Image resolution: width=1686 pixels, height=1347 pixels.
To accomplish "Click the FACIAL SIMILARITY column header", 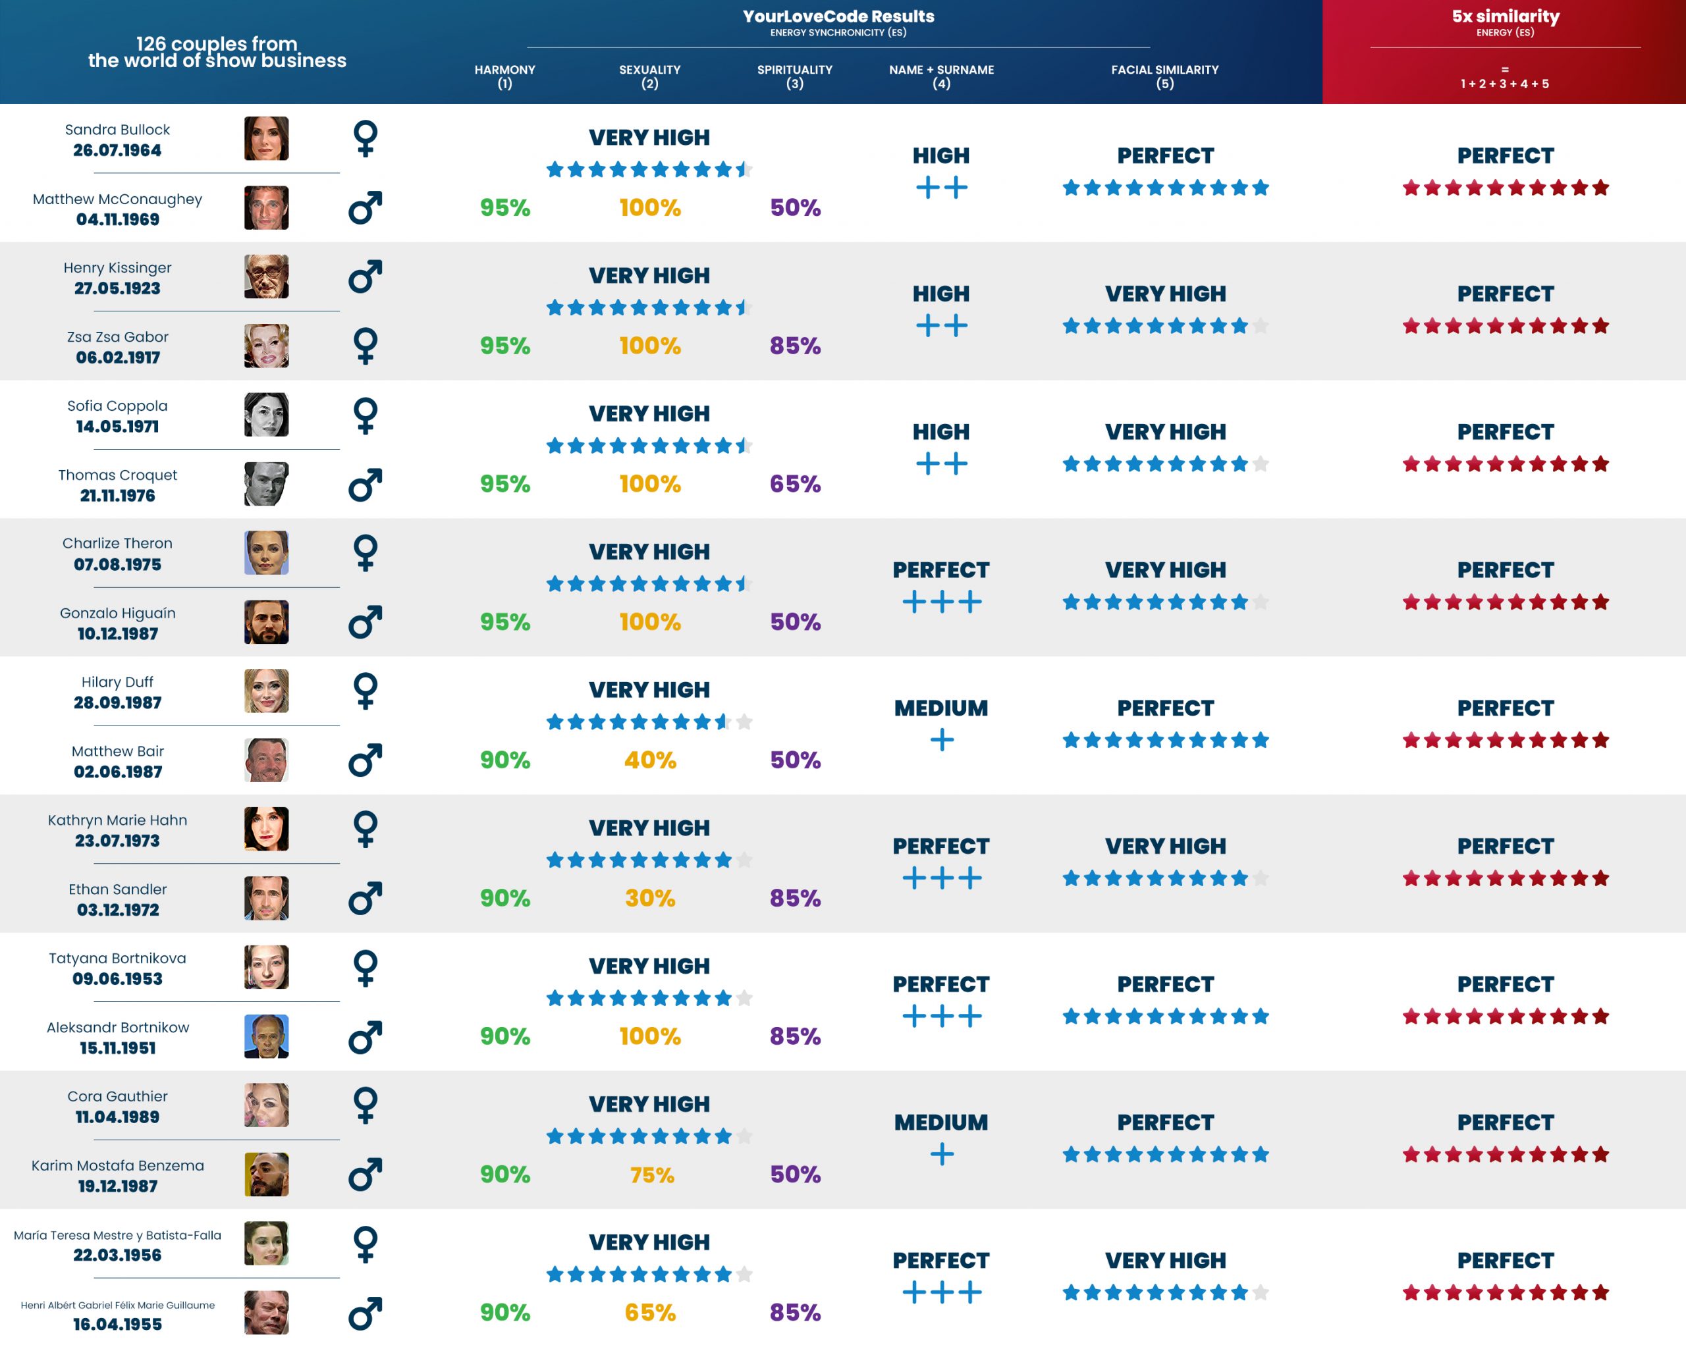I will [x=1164, y=76].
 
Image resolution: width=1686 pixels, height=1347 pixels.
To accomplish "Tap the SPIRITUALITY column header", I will [x=794, y=76].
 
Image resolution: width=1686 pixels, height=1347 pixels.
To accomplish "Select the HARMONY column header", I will [x=504, y=76].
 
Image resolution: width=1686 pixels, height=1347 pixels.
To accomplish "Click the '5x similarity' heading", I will [x=1506, y=16].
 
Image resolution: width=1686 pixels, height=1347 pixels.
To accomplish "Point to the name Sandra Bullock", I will [x=117, y=130].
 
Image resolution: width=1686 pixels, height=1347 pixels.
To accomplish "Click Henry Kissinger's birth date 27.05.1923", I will [x=117, y=288].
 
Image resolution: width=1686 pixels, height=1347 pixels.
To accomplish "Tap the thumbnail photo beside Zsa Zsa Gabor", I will [x=266, y=346].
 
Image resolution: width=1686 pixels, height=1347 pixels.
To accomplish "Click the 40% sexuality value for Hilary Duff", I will [x=650, y=760].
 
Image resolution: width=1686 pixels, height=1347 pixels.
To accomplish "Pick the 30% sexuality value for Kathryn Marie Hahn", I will [x=650, y=898].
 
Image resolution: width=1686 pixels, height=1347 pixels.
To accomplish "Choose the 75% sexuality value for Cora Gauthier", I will [x=651, y=1175].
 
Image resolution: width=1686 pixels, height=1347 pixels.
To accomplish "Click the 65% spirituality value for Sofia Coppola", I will [x=794, y=484].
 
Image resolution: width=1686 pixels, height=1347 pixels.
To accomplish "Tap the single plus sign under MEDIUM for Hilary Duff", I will [x=942, y=739].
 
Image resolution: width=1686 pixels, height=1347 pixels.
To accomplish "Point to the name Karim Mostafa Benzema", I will [x=117, y=1166].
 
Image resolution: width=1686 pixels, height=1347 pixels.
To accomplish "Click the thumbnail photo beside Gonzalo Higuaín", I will [x=266, y=622].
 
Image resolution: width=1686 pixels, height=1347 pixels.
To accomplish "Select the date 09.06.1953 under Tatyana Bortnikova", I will [x=117, y=979].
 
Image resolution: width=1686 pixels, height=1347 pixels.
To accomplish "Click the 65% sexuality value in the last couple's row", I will [x=650, y=1313].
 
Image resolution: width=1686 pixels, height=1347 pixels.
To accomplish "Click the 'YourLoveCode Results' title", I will [x=838, y=16].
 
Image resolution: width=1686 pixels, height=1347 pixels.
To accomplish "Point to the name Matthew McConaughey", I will [x=117, y=199].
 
